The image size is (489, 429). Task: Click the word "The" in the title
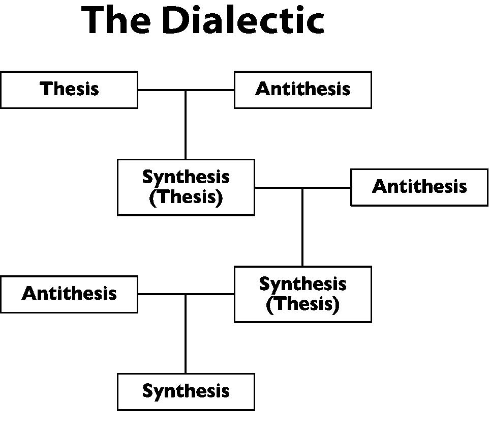coord(116,21)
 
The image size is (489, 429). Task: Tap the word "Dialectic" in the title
coord(243,21)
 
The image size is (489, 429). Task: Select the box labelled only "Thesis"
coord(69,90)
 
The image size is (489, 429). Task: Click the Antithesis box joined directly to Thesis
coord(302,90)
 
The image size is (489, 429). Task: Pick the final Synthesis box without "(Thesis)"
coord(186,391)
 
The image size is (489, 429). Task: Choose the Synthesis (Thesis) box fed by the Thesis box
coord(186,187)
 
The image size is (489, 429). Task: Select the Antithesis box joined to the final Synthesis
coord(69,294)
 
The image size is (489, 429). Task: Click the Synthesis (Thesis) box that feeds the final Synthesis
coord(302,294)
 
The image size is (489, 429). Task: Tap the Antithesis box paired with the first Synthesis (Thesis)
coord(419,187)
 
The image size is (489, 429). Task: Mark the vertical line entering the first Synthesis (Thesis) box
coord(185,127)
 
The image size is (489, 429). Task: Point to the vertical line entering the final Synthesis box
coord(185,336)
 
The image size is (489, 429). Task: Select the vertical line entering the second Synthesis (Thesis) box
coord(302,229)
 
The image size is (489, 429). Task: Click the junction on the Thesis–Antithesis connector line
coord(185,90)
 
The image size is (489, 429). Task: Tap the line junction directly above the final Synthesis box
coord(185,294)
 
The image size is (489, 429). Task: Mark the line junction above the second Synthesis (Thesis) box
coord(302,188)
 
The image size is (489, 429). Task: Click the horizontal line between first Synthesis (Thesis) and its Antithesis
coord(328,188)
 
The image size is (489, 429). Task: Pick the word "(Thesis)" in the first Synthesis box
coord(186,197)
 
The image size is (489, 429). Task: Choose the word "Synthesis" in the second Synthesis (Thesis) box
coord(302,284)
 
